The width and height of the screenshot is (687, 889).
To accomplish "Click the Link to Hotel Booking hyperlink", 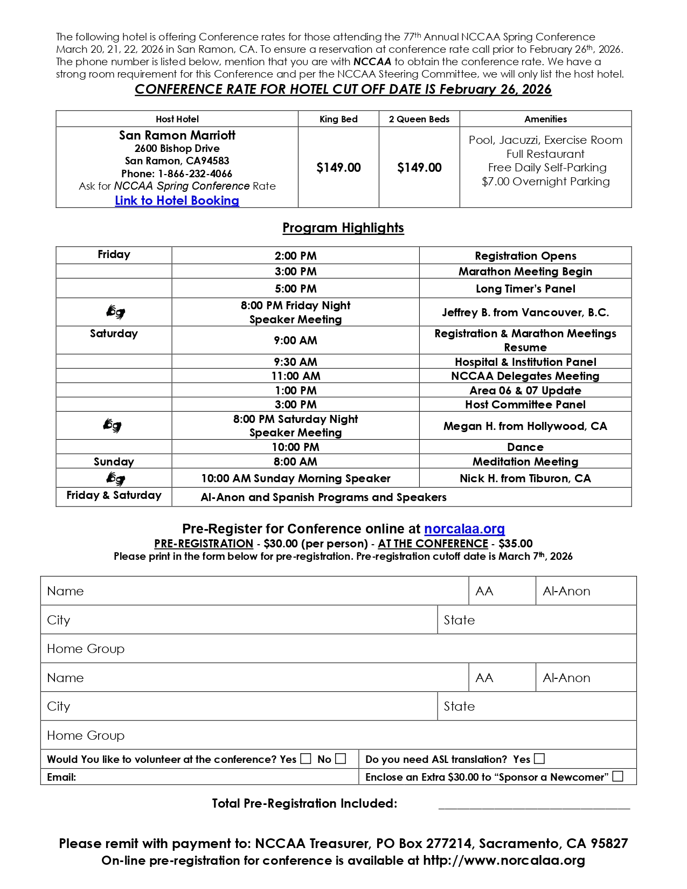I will [177, 200].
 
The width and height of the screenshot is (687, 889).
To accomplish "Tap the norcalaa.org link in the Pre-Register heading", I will [464, 529].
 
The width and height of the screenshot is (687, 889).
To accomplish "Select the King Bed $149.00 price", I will [338, 168].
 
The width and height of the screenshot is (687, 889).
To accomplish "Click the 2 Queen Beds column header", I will [419, 119].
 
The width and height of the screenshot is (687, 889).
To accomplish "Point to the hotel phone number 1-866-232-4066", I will [195, 173].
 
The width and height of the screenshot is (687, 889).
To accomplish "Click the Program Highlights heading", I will [343, 228].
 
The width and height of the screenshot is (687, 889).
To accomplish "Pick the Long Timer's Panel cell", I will [525, 289].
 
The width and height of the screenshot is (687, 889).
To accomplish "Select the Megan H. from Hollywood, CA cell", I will [525, 426].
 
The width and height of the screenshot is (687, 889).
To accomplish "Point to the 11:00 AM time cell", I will [295, 376].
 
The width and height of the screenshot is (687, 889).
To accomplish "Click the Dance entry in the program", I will [525, 447].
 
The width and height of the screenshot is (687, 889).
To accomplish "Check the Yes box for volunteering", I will [306, 759].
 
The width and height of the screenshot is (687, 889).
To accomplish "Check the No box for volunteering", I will [341, 759].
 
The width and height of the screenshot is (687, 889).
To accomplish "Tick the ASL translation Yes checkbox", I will [539, 759].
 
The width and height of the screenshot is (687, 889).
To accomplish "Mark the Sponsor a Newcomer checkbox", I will [618, 776].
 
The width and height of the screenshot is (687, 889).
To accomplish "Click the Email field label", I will [61, 777].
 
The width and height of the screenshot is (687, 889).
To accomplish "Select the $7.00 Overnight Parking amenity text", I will [545, 182].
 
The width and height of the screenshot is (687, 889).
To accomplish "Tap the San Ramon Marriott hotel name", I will [177, 135].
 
